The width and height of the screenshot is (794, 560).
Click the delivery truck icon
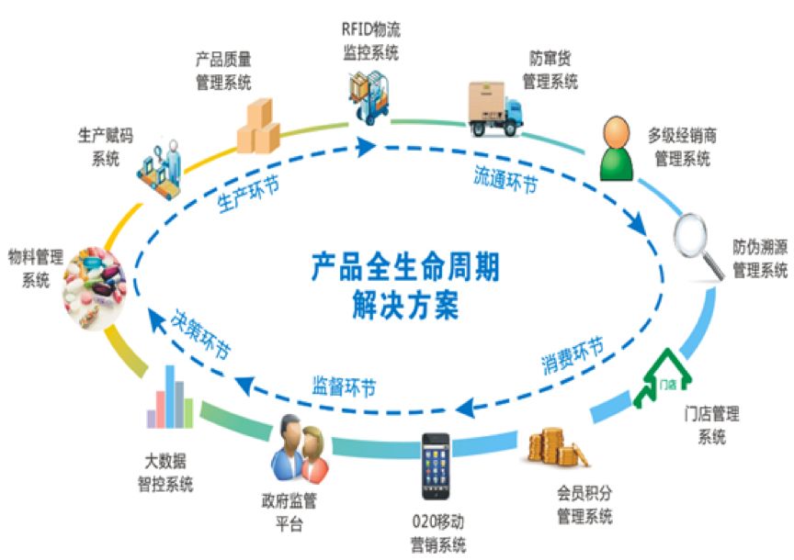tap(494, 108)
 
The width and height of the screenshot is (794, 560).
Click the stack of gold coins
tap(558, 448)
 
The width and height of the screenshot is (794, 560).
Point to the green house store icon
tap(663, 377)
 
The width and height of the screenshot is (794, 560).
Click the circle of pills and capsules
tap(95, 287)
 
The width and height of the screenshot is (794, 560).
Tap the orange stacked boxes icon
tap(259, 127)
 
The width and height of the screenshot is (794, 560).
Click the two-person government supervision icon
tap(300, 449)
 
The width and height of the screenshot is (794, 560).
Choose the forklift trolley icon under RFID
tap(369, 97)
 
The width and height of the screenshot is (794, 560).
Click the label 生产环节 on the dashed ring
tap(248, 195)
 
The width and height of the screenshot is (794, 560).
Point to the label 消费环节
tap(573, 355)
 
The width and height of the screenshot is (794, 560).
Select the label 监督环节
tap(344, 387)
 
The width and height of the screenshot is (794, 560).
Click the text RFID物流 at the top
tap(371, 29)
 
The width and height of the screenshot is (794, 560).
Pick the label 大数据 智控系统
tap(165, 473)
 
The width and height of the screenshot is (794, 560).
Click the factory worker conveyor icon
tap(160, 169)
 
